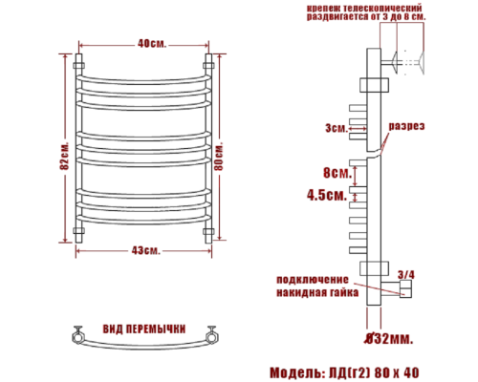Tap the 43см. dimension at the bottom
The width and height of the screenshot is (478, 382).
(x=146, y=250)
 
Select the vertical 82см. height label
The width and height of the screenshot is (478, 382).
(x=63, y=150)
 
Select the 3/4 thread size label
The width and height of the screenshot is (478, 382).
(x=405, y=274)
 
